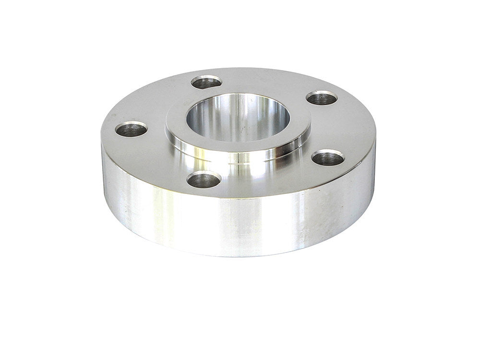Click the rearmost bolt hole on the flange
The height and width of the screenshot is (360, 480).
point(206,82)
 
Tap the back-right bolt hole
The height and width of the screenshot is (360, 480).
point(321,98)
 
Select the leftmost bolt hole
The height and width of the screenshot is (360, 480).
point(131,129)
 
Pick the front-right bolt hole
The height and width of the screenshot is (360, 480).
point(328,158)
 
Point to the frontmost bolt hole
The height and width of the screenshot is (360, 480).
point(204,180)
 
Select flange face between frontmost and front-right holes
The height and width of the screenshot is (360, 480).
point(269,178)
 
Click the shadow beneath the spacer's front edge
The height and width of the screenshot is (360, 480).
point(240,262)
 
